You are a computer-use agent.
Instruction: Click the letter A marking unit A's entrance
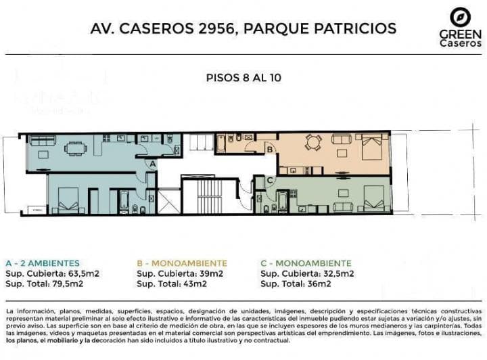(152, 164)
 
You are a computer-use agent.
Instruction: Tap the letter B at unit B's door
(270, 150)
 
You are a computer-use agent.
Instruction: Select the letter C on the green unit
(270, 180)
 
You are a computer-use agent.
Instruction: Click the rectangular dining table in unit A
(76, 148)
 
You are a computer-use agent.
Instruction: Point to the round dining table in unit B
(312, 143)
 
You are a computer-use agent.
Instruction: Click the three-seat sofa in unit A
(42, 140)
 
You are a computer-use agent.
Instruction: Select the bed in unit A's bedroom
(68, 200)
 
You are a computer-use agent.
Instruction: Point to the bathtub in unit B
(221, 142)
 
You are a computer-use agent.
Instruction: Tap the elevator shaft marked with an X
(169, 202)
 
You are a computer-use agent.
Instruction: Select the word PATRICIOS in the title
(355, 28)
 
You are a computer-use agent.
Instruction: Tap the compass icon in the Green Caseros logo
(461, 17)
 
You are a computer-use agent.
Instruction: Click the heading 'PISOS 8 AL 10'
(243, 77)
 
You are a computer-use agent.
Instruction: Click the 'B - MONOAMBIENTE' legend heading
(182, 263)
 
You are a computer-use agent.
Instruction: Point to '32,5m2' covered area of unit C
(338, 273)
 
